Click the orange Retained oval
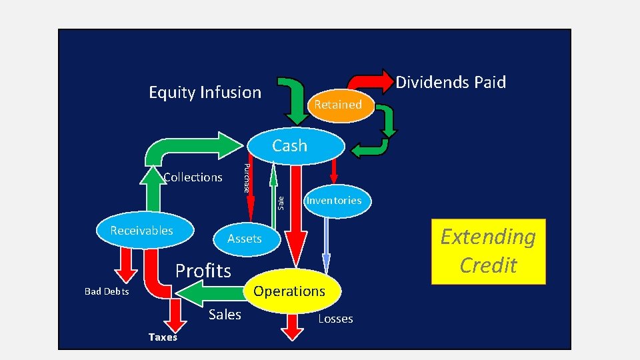pyautogui.click(x=337, y=105)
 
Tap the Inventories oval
pyautogui.click(x=333, y=200)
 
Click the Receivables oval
pyautogui.click(x=142, y=231)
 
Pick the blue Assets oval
pyautogui.click(x=245, y=239)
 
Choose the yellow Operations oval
pyautogui.click(x=289, y=291)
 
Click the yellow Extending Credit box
pyautogui.click(x=488, y=251)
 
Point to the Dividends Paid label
pyautogui.click(x=451, y=83)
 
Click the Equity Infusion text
pyautogui.click(x=205, y=93)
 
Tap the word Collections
pyautogui.click(x=193, y=177)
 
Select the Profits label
pyautogui.click(x=203, y=271)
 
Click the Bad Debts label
pyautogui.click(x=107, y=292)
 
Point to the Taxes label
pyautogui.click(x=163, y=337)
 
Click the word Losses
pyautogui.click(x=335, y=319)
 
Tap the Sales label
pyautogui.click(x=225, y=315)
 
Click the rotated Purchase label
pyautogui.click(x=247, y=178)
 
